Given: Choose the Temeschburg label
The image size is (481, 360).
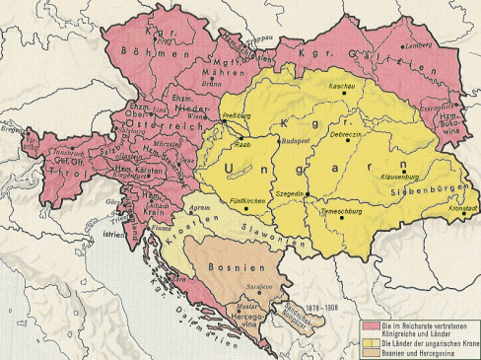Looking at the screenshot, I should [x=344, y=212].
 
